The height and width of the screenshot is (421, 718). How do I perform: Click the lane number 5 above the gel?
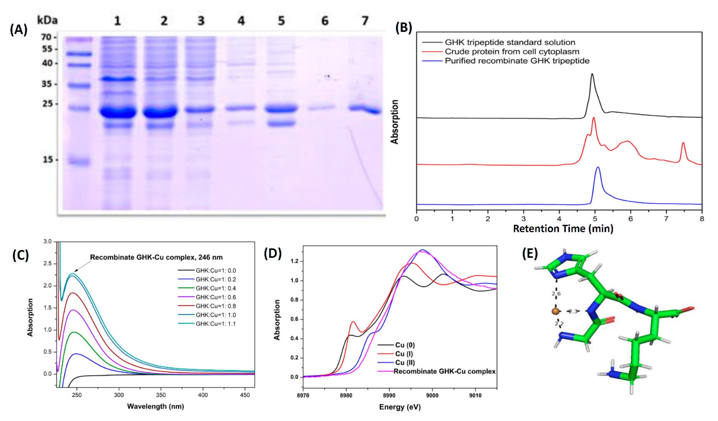point(281,21)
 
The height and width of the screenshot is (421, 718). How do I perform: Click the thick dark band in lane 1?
point(118,112)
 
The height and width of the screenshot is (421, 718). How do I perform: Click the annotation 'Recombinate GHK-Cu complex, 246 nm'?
point(156,257)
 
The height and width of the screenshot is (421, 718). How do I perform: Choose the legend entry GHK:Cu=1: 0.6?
point(216,297)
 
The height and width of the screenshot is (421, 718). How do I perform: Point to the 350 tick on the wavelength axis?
point(161,395)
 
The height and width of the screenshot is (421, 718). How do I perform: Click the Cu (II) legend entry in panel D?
point(405,362)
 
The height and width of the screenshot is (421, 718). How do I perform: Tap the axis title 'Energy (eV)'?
point(399,407)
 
